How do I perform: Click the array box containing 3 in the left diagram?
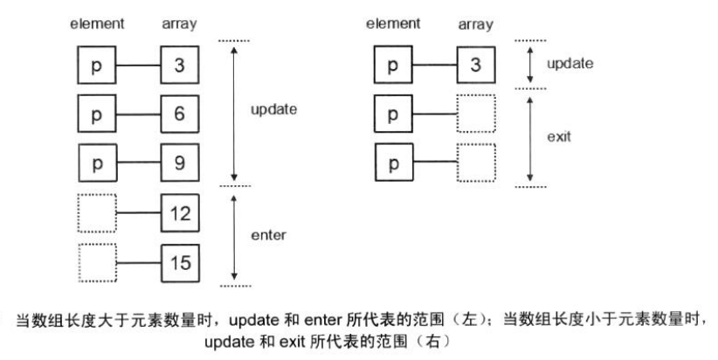pos(179,66)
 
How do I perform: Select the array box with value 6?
pos(179,114)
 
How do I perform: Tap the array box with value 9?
pos(179,163)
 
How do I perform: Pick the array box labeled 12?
pos(179,212)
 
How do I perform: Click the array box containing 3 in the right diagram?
pos(475,66)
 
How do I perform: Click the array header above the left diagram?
pos(178,24)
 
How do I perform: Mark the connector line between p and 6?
pos(137,114)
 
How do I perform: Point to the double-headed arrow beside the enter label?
pos(234,235)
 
